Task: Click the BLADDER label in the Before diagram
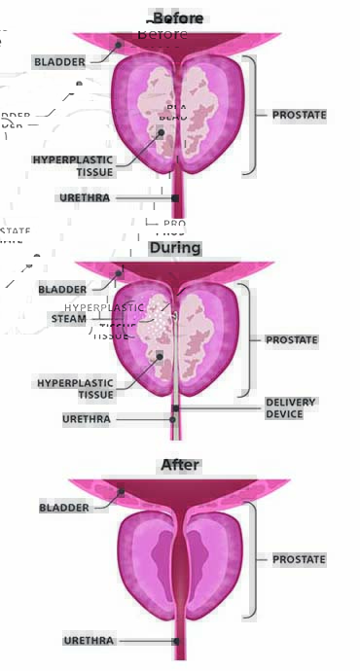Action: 60,61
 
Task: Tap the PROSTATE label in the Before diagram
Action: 299,115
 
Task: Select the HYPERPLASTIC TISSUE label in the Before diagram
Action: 73,165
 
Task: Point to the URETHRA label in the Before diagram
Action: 85,197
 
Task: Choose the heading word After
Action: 180,465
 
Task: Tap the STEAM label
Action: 68,318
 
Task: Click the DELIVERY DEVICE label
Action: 290,408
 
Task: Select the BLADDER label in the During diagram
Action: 63,289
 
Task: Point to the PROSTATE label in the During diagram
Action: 292,339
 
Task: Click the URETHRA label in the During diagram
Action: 87,419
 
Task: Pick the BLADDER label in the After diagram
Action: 64,508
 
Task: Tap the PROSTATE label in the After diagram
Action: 299,559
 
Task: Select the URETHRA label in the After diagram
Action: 89,641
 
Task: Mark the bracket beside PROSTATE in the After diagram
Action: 251,559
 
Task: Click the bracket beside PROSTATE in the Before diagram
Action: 251,115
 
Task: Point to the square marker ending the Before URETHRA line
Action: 175,198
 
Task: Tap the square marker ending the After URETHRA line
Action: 176,641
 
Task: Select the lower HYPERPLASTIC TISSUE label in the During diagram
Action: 76,388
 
